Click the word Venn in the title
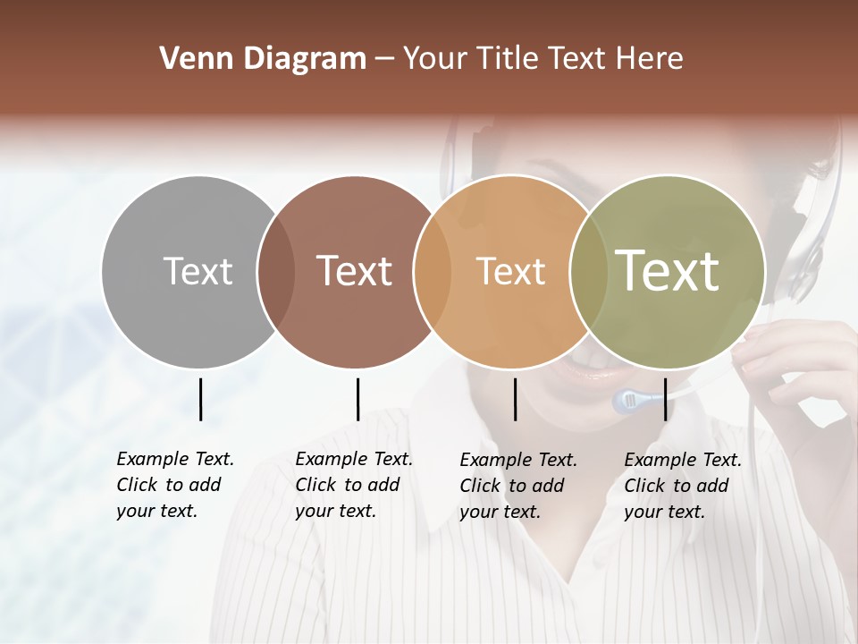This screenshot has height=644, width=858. click(x=189, y=59)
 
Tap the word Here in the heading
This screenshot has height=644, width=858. click(x=652, y=59)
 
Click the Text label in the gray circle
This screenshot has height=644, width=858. click(x=198, y=271)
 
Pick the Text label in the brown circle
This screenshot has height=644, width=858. click(x=355, y=271)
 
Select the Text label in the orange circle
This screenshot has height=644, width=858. click(x=510, y=271)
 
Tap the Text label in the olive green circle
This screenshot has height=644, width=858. click(x=668, y=271)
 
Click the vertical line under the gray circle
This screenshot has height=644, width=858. click(x=200, y=399)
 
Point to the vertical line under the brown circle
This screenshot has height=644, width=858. click(x=357, y=399)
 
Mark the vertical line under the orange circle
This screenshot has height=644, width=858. click(x=515, y=399)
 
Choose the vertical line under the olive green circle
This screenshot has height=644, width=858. click(x=665, y=399)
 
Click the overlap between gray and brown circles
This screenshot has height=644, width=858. click(x=276, y=271)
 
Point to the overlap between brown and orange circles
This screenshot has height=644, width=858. click(x=433, y=271)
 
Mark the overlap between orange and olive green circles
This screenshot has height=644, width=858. click(x=587, y=271)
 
